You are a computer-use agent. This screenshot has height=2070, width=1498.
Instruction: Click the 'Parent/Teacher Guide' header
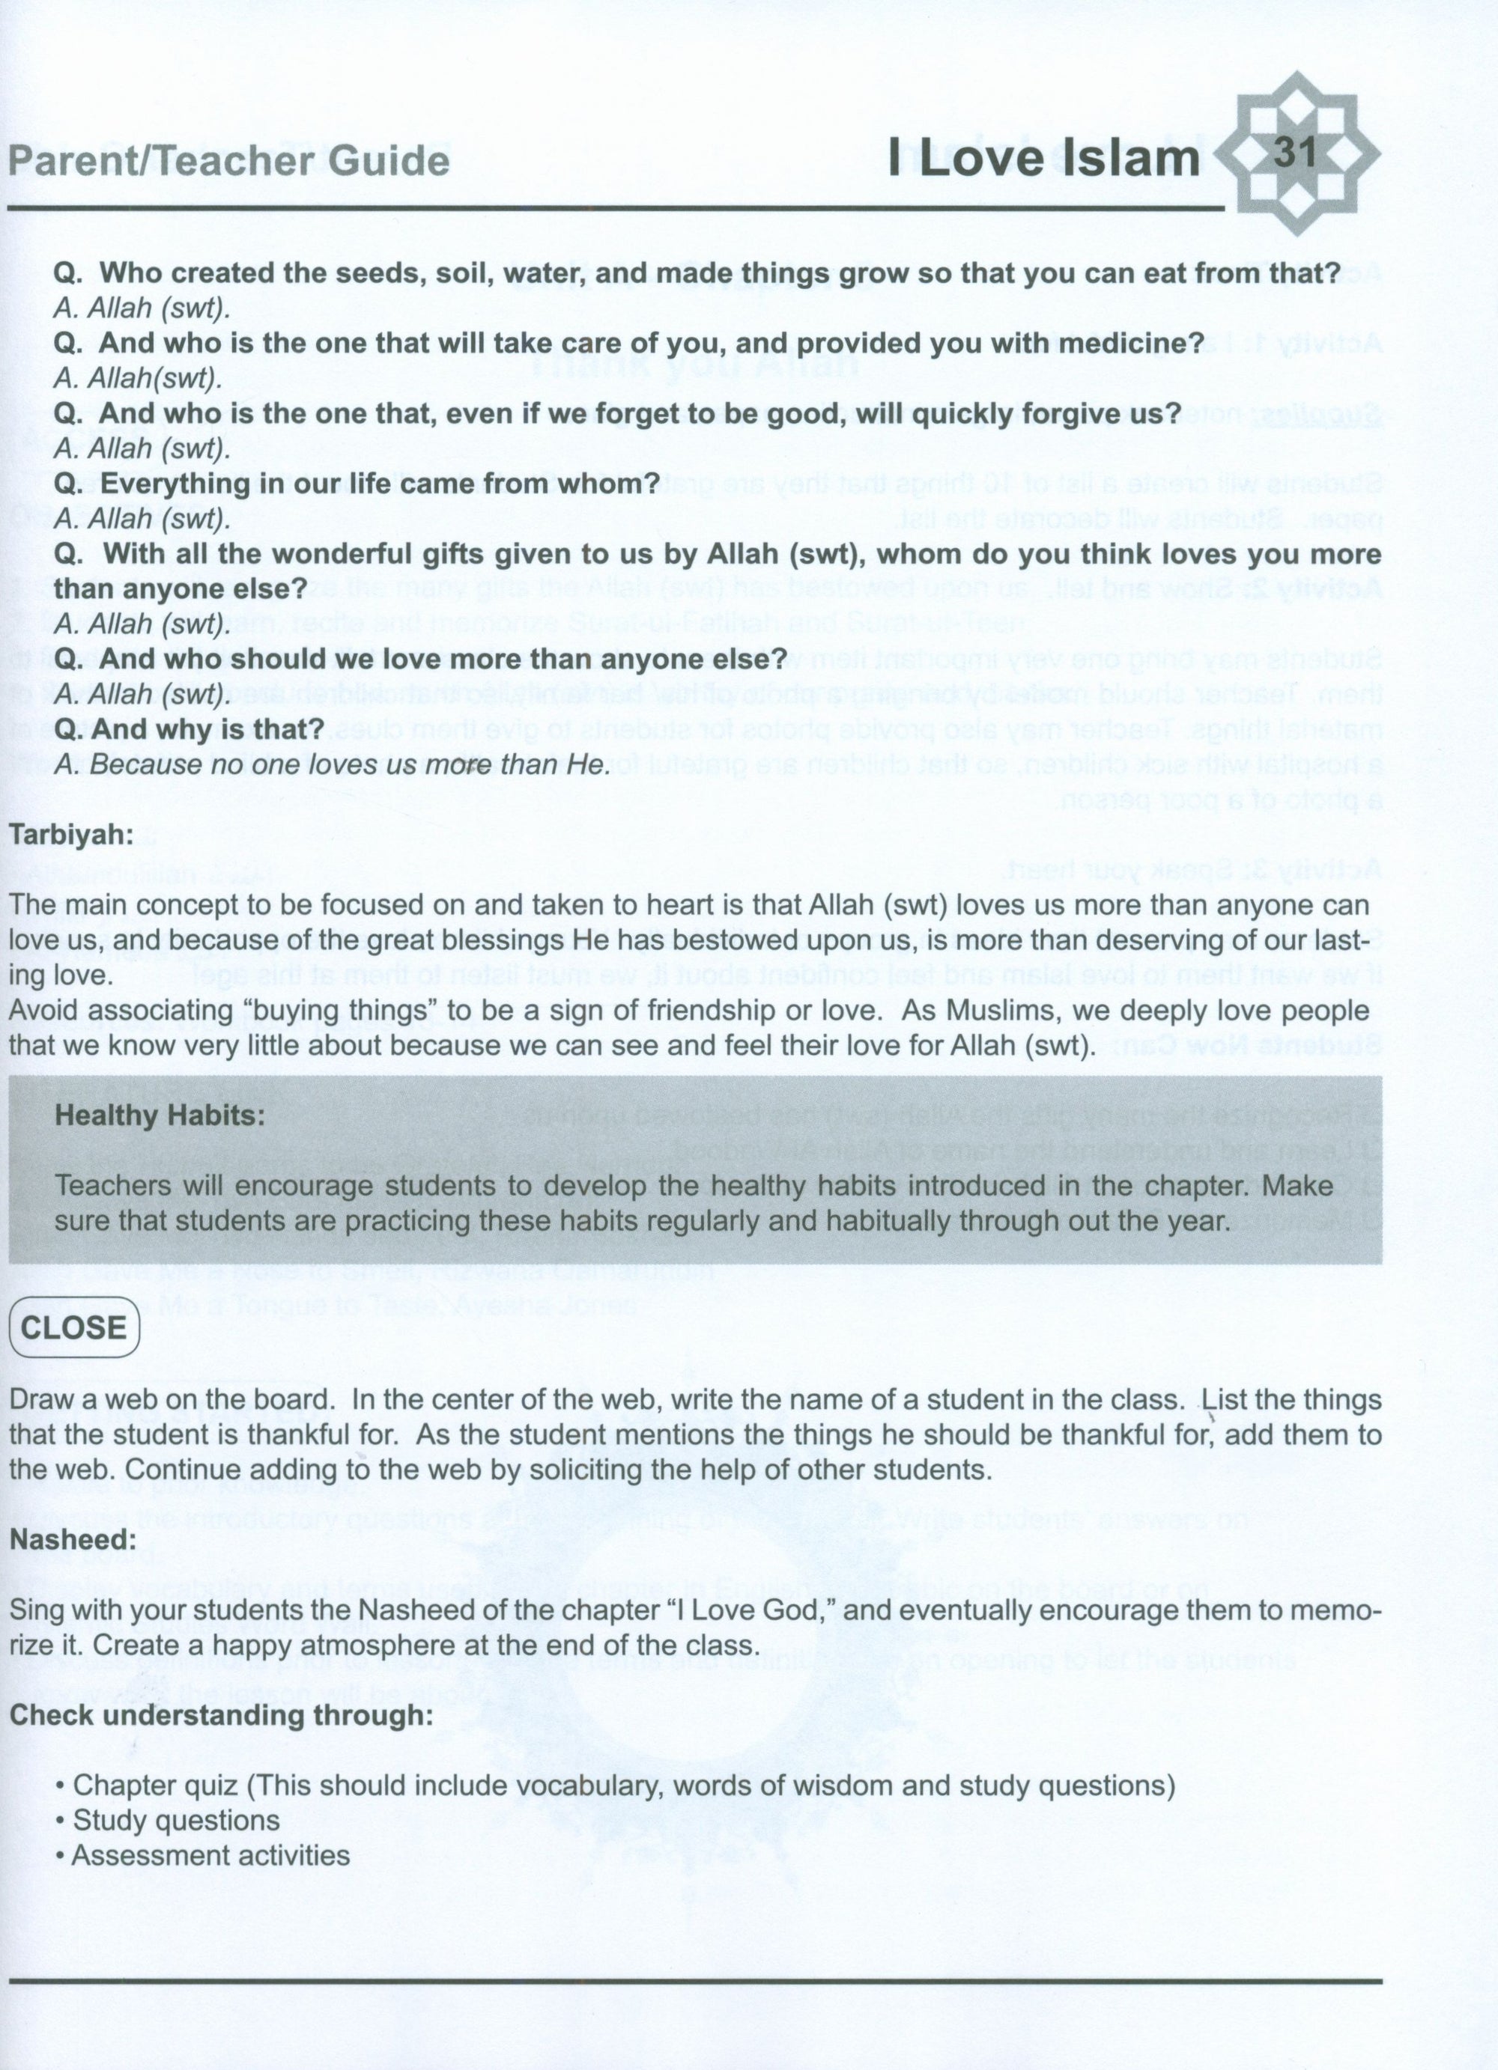point(228,161)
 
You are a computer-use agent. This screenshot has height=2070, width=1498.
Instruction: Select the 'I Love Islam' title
point(1045,158)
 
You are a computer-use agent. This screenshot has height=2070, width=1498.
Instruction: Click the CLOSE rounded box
point(74,1327)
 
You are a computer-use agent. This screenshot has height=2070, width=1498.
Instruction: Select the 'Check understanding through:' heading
point(221,1714)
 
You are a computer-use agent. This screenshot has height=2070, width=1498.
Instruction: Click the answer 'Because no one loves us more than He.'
point(331,765)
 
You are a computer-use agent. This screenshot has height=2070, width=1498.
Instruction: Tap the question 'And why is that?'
point(190,729)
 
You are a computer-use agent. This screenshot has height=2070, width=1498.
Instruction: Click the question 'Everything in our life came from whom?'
point(356,483)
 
